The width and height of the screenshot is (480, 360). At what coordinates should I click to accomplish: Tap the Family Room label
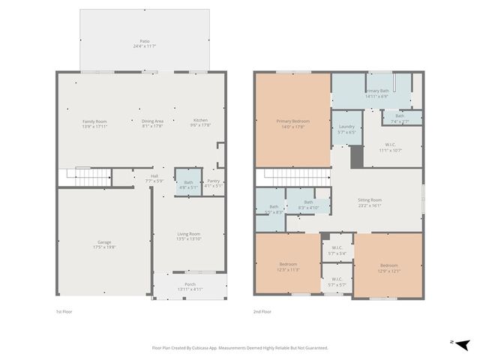coord(94,124)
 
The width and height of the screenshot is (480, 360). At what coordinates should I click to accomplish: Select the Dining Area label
coord(153,124)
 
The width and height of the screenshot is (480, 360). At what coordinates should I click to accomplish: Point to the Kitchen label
coord(201,124)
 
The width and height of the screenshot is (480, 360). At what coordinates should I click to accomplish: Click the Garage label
coord(104,244)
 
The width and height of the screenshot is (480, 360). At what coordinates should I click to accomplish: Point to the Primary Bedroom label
coord(292,124)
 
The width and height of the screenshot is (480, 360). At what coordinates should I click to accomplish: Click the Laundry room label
coord(346,130)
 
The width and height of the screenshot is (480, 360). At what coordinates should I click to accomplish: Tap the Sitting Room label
coord(370,202)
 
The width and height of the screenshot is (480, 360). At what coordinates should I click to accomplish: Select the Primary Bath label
coord(377,93)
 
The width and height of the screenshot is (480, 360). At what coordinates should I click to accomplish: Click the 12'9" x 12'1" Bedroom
coord(388,268)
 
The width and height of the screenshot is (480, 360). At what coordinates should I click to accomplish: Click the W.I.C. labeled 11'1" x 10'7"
coord(391,148)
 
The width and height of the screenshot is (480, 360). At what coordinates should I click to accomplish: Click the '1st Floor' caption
coord(64,311)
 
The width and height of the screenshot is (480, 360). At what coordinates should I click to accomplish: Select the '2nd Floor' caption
coord(263,311)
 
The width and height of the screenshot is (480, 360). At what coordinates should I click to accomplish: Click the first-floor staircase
coord(84,178)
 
